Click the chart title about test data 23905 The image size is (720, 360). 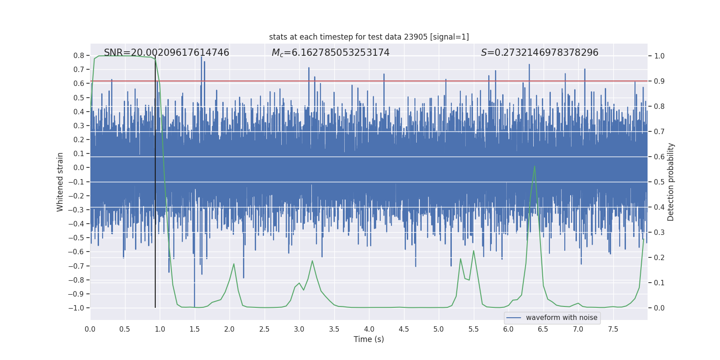369,37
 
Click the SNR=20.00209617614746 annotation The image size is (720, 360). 166,53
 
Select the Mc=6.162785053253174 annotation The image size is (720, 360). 330,53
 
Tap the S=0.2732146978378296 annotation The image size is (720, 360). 540,53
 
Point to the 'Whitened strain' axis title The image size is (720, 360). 60,182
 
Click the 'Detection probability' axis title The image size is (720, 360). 671,182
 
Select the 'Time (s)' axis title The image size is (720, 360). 369,339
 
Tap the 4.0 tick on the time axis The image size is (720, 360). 369,329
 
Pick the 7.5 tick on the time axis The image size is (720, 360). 613,329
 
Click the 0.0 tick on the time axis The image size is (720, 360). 90,329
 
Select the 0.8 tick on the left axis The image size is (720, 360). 79,56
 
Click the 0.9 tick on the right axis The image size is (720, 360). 659,81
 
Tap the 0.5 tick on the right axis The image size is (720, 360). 659,182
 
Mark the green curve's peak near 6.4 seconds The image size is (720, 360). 535,166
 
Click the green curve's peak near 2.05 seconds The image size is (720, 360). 234,264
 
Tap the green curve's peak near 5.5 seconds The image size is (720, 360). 473,251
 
